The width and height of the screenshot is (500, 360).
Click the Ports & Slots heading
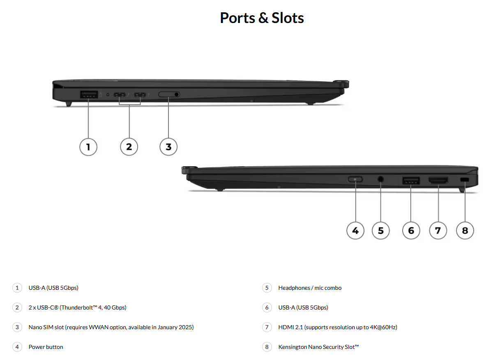coord(262,18)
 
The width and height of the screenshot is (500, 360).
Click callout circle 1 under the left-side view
coord(88,147)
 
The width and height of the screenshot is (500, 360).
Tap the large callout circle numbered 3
coord(168,147)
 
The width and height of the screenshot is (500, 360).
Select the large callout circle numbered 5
coord(381,230)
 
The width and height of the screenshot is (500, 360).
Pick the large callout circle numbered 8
coord(465,230)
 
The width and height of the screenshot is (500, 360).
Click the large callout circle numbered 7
coord(438,230)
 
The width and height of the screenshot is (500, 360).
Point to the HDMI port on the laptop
coord(438,180)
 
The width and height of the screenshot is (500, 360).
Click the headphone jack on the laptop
coord(380,179)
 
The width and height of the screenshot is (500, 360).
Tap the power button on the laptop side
coord(355,179)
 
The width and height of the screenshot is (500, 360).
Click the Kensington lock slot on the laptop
coord(465,180)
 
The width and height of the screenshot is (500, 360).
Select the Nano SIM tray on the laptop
coord(169,94)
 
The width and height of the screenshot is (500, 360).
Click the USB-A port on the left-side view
coord(89,94)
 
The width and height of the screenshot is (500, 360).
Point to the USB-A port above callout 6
coord(411,180)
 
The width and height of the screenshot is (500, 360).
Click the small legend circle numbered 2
coord(17,307)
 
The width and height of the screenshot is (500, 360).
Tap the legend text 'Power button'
coord(46,347)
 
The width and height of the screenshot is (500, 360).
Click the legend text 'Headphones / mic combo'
coord(310,288)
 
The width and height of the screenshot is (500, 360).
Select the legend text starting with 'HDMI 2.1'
coord(337,327)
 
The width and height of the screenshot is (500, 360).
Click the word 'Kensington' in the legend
coord(293,347)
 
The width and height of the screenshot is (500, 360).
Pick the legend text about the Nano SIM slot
coord(111,327)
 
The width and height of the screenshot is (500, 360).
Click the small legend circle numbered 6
coord(267,307)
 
